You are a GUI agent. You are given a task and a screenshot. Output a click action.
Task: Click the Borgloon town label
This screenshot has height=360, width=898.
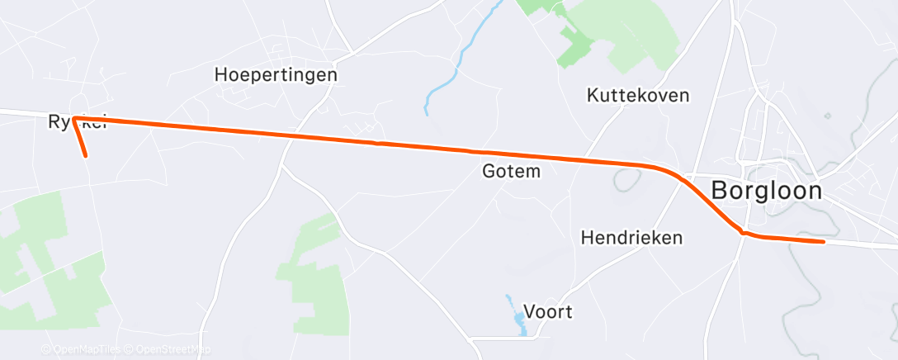click(x=766, y=192)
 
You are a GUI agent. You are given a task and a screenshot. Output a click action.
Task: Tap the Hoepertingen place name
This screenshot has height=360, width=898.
click(x=276, y=74)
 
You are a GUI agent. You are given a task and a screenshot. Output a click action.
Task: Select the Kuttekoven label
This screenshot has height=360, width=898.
click(x=637, y=95)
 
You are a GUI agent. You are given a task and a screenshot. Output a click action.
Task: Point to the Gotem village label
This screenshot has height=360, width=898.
click(x=511, y=172)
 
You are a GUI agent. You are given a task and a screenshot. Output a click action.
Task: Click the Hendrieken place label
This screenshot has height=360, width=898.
click(x=631, y=238)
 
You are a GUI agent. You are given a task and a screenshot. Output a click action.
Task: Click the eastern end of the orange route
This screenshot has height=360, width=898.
click(x=823, y=242)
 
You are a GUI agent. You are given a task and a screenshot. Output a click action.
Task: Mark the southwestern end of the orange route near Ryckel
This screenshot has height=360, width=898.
click(x=86, y=155)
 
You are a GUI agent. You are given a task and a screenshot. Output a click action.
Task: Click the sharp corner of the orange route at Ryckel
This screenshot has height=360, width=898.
click(x=74, y=119)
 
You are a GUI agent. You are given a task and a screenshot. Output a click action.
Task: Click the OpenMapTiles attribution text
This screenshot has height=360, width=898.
click(x=80, y=350)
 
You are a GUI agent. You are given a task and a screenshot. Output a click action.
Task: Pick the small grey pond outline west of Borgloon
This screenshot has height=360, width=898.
click(x=625, y=178)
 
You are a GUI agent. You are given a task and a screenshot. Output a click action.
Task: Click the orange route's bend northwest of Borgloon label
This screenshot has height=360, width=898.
click(x=669, y=172)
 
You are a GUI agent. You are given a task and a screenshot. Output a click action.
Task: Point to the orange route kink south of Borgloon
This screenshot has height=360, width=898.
click(x=743, y=234)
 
